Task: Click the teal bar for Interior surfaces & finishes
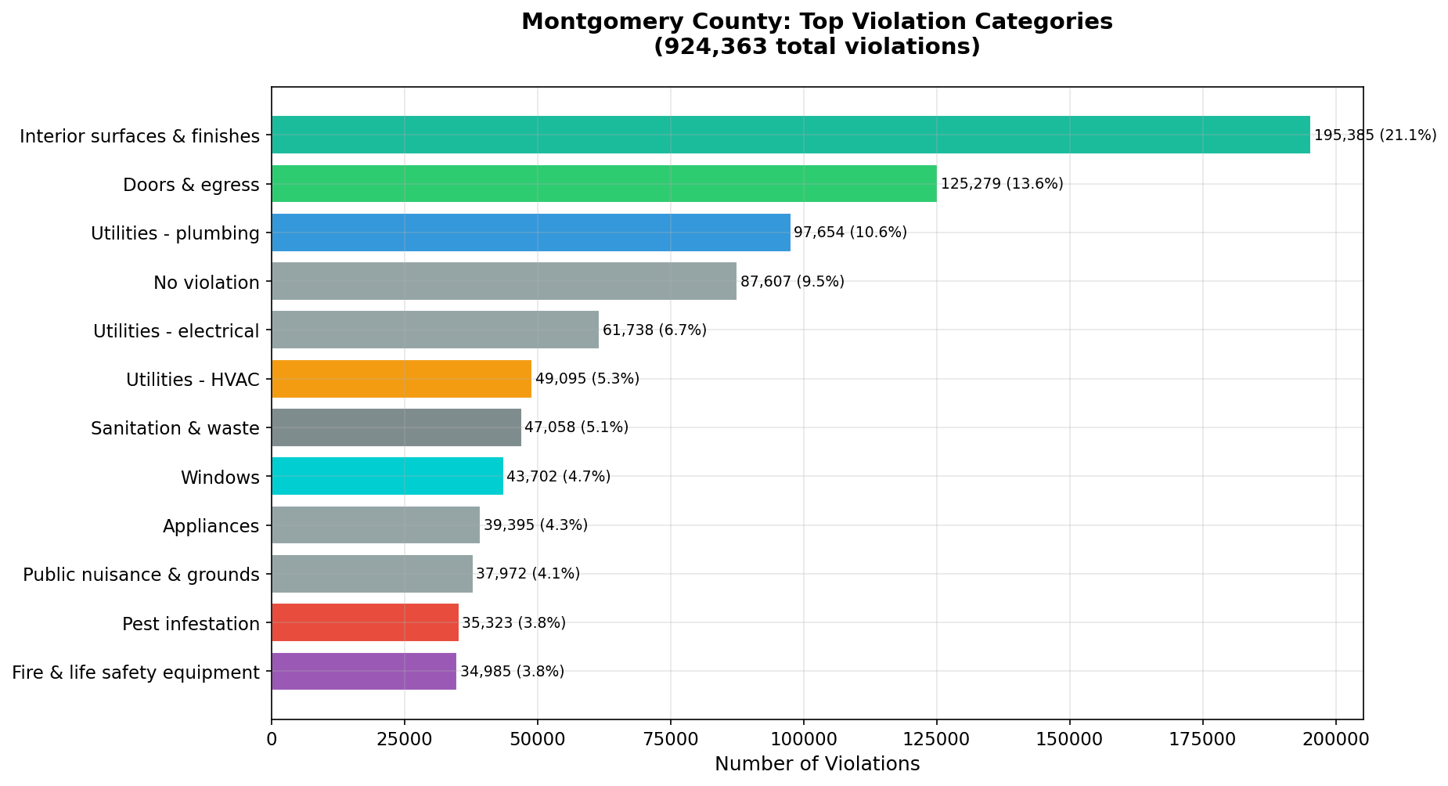(791, 135)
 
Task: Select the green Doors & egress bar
(603, 184)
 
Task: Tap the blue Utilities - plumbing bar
(531, 233)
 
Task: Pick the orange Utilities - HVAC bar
(402, 379)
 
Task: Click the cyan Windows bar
(387, 476)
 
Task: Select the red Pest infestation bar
(365, 622)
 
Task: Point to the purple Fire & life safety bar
(364, 672)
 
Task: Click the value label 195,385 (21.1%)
(1375, 135)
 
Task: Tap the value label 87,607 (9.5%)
(792, 282)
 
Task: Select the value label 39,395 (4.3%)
(535, 525)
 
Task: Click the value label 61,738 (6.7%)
(654, 330)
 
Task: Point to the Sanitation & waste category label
(175, 428)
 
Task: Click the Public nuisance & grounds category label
(141, 575)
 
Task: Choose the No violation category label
(207, 283)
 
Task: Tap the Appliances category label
(211, 526)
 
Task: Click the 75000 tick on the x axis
(670, 739)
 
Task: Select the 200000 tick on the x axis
(1336, 739)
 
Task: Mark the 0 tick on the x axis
(272, 739)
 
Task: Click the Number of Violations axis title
(817, 764)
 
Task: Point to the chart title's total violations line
(817, 47)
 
